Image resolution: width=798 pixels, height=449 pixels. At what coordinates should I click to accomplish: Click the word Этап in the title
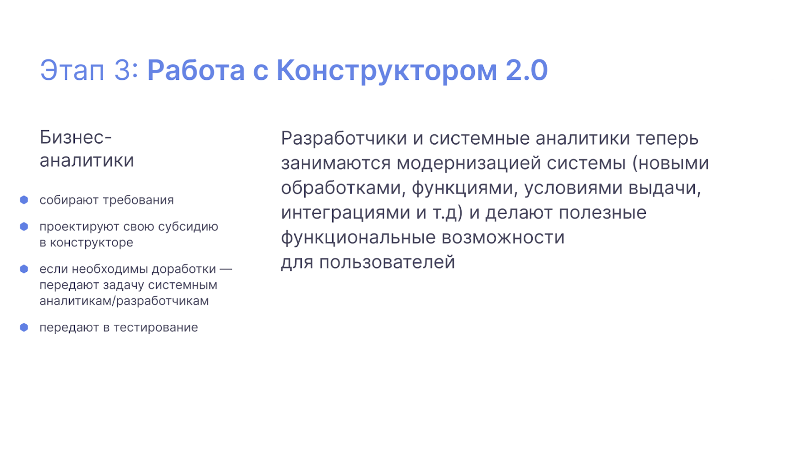[72, 70]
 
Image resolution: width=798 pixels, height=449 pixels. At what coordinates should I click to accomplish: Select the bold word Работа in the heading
[196, 70]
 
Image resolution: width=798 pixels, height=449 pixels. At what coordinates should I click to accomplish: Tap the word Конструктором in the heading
[387, 70]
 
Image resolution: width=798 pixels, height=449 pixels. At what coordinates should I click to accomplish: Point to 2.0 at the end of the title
[527, 70]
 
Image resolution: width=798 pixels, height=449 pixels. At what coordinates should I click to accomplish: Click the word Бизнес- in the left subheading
[75, 137]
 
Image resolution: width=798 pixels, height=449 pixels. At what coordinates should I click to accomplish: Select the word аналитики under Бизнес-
[87, 161]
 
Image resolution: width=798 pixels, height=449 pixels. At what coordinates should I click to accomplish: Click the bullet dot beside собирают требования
[24, 200]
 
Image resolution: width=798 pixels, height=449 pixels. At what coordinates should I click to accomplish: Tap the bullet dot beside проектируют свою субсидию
[24, 226]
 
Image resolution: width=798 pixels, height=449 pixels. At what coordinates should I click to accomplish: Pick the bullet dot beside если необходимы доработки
[24, 269]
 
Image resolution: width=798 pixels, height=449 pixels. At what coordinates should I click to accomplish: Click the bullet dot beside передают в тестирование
[24, 327]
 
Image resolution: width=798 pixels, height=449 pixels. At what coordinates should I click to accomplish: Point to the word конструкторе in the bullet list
[91, 243]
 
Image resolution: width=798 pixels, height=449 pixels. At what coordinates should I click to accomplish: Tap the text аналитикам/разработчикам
[124, 301]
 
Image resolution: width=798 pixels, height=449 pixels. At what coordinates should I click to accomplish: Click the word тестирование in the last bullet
[156, 328]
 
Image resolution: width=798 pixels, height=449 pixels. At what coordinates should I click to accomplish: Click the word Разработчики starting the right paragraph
[344, 138]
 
